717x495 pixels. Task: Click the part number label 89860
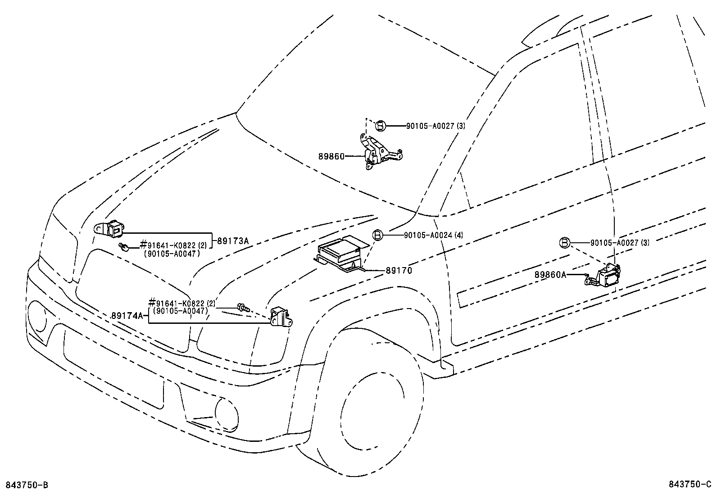[x=331, y=156]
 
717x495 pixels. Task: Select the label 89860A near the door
[x=550, y=274]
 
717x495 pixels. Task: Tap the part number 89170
[x=399, y=271]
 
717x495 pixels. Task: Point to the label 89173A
[x=233, y=241]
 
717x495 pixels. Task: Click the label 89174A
[x=127, y=316]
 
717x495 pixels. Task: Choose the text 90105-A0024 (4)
[x=433, y=235]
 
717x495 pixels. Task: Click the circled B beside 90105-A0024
[x=377, y=235]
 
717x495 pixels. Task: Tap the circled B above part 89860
[x=380, y=126]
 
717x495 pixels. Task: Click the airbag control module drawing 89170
[x=341, y=255]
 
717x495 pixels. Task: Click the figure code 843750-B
[x=26, y=485]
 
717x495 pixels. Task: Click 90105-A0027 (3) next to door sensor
[x=620, y=243]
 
